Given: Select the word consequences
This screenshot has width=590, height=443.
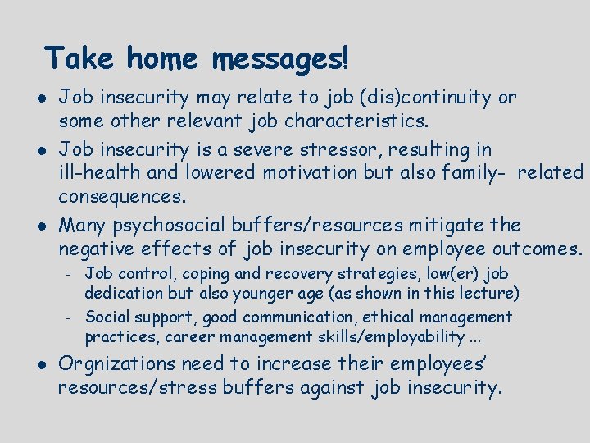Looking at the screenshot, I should coord(122,197).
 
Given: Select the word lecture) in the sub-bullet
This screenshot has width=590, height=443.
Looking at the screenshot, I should coord(488,293).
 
